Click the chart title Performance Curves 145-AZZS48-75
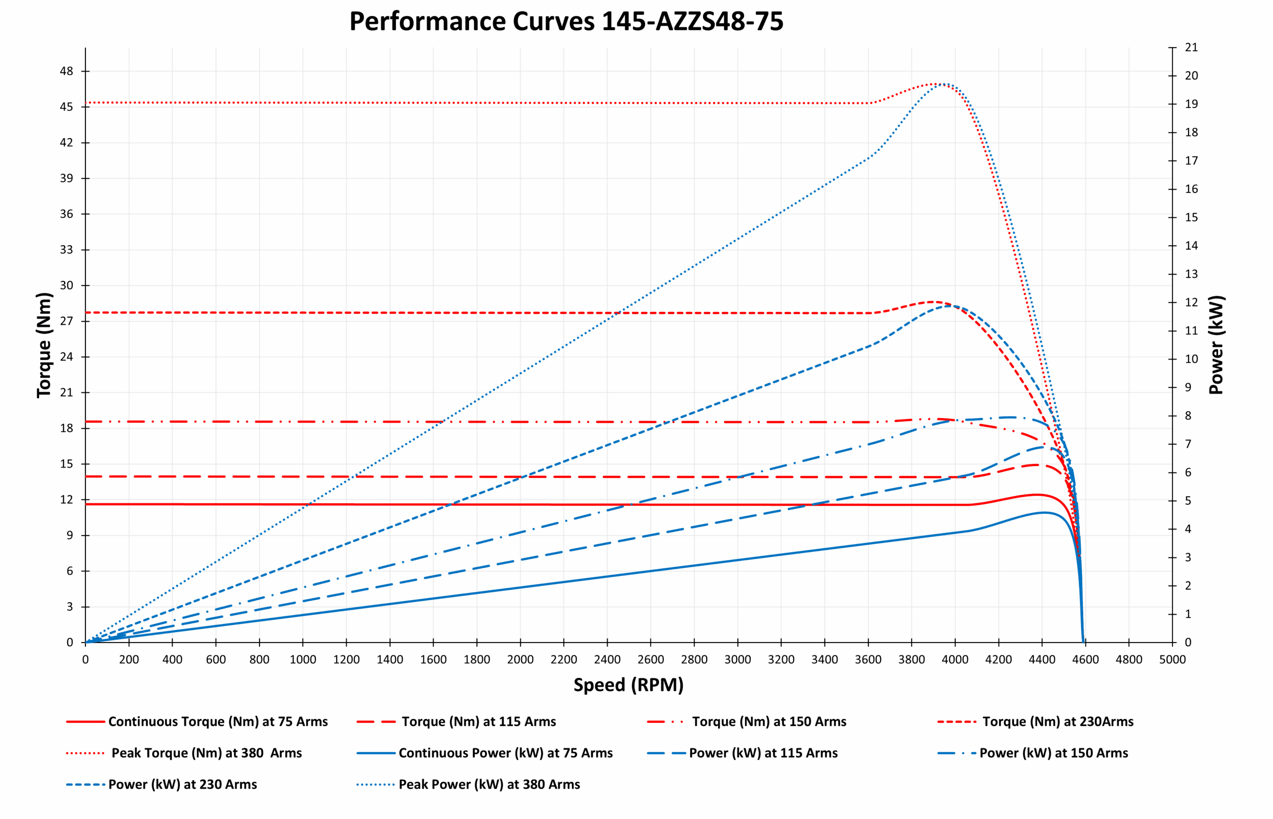[566, 22]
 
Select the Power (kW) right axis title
[1216, 345]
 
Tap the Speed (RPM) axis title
[628, 685]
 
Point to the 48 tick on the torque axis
[67, 71]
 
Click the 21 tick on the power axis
[1191, 47]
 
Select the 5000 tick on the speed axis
[1172, 659]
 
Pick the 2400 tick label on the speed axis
[607, 659]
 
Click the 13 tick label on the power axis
[1191, 274]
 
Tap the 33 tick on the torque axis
[67, 250]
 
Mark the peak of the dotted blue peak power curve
[943, 84]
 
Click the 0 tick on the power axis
[1188, 642]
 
